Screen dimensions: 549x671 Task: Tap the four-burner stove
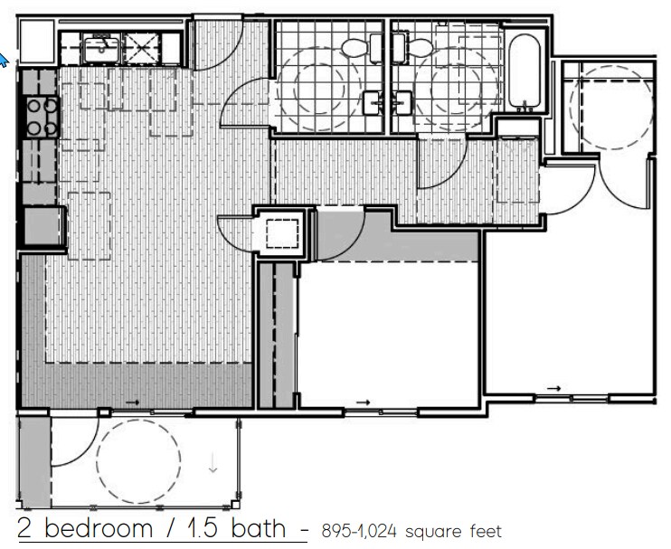click(x=41, y=117)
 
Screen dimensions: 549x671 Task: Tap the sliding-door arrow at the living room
click(x=132, y=402)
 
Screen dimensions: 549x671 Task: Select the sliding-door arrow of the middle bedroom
click(x=363, y=402)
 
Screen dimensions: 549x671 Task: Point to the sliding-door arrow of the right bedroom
click(x=554, y=388)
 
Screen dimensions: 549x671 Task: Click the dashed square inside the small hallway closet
click(x=282, y=233)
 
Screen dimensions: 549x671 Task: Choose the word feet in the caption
click(x=480, y=532)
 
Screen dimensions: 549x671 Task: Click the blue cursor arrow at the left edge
click(x=3, y=60)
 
